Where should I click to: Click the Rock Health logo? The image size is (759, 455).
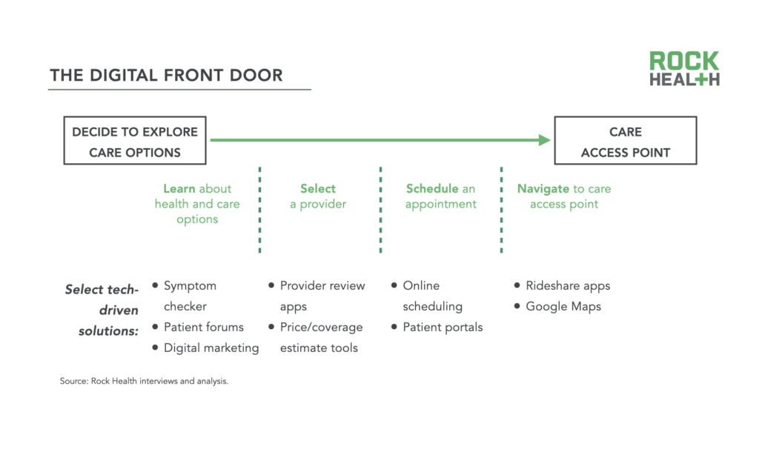pos(684,69)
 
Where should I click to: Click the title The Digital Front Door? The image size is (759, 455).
pos(166,76)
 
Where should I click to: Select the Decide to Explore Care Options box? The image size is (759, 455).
pos(135,142)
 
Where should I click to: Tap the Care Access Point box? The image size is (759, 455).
pos(625,142)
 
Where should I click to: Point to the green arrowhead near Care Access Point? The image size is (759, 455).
pos(545,140)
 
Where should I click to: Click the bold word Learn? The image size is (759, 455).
pos(179,189)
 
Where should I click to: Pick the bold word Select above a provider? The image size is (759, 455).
pos(318,189)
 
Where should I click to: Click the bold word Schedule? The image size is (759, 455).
pos(431,189)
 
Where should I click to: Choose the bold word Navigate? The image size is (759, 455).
pos(543,189)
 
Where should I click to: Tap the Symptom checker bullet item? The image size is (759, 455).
pos(190,296)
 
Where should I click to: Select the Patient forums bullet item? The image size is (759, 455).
pos(203,327)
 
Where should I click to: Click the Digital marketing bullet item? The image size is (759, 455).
pos(211,348)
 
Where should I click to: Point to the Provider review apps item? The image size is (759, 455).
pos(322,296)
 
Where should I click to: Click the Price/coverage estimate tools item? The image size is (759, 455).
pos(321,337)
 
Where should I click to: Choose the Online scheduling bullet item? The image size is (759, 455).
pos(432,296)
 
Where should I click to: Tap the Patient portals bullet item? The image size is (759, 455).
pos(442,327)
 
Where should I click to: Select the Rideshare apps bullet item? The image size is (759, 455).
pos(567,285)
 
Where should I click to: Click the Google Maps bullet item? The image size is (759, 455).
pos(563,306)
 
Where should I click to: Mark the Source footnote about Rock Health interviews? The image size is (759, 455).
pos(144,382)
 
